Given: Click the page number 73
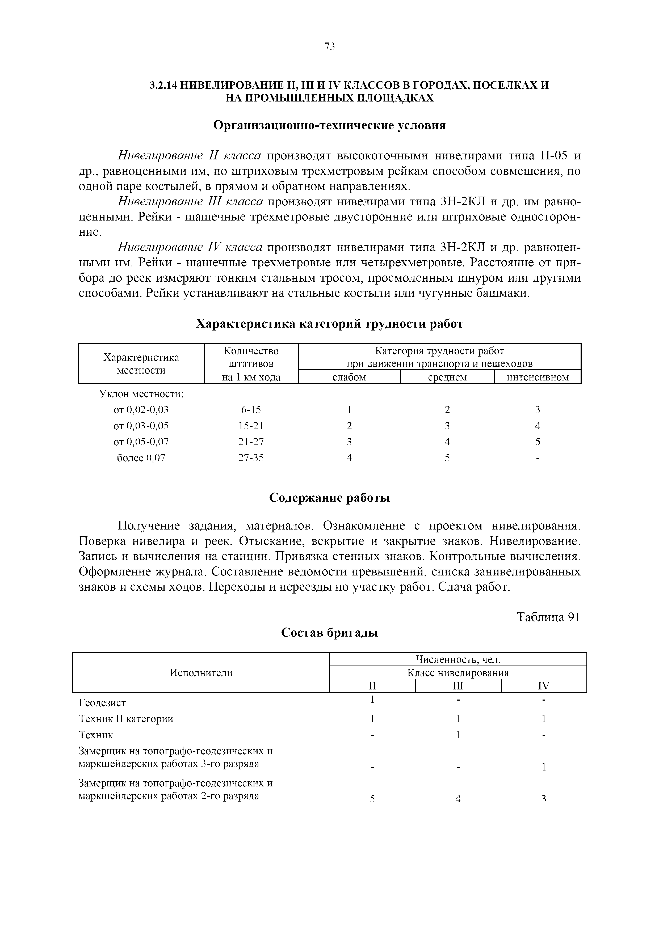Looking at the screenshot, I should pyautogui.click(x=330, y=47).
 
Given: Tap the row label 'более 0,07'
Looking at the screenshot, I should pyautogui.click(x=141, y=458).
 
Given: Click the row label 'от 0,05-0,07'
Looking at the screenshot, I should pyautogui.click(x=141, y=442).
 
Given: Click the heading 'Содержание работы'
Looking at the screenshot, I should pyautogui.click(x=329, y=498).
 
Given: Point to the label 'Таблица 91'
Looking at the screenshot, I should pyautogui.click(x=548, y=617).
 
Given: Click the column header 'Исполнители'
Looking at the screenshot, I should pyautogui.click(x=201, y=673).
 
